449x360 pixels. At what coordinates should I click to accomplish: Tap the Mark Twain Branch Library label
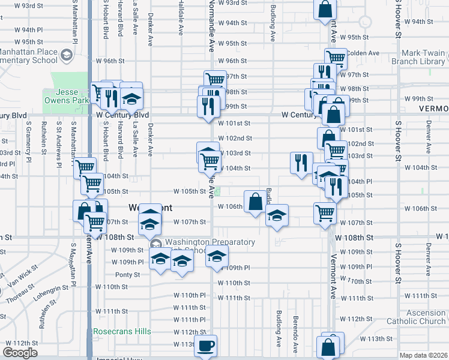click(419, 57)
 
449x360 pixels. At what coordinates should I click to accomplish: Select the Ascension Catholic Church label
click(417, 317)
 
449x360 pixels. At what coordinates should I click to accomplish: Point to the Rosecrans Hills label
click(122, 331)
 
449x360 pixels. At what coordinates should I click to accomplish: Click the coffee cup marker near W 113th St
click(206, 346)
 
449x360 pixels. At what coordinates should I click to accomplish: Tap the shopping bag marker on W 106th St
click(255, 201)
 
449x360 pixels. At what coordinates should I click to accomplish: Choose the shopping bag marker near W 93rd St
click(324, 10)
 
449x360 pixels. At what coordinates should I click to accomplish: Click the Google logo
click(20, 352)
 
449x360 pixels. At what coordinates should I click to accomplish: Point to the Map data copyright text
click(424, 355)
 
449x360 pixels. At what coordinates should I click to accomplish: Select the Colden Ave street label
click(363, 53)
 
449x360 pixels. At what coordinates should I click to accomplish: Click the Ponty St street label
click(128, 275)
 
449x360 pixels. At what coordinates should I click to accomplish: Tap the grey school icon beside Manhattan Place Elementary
click(65, 56)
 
